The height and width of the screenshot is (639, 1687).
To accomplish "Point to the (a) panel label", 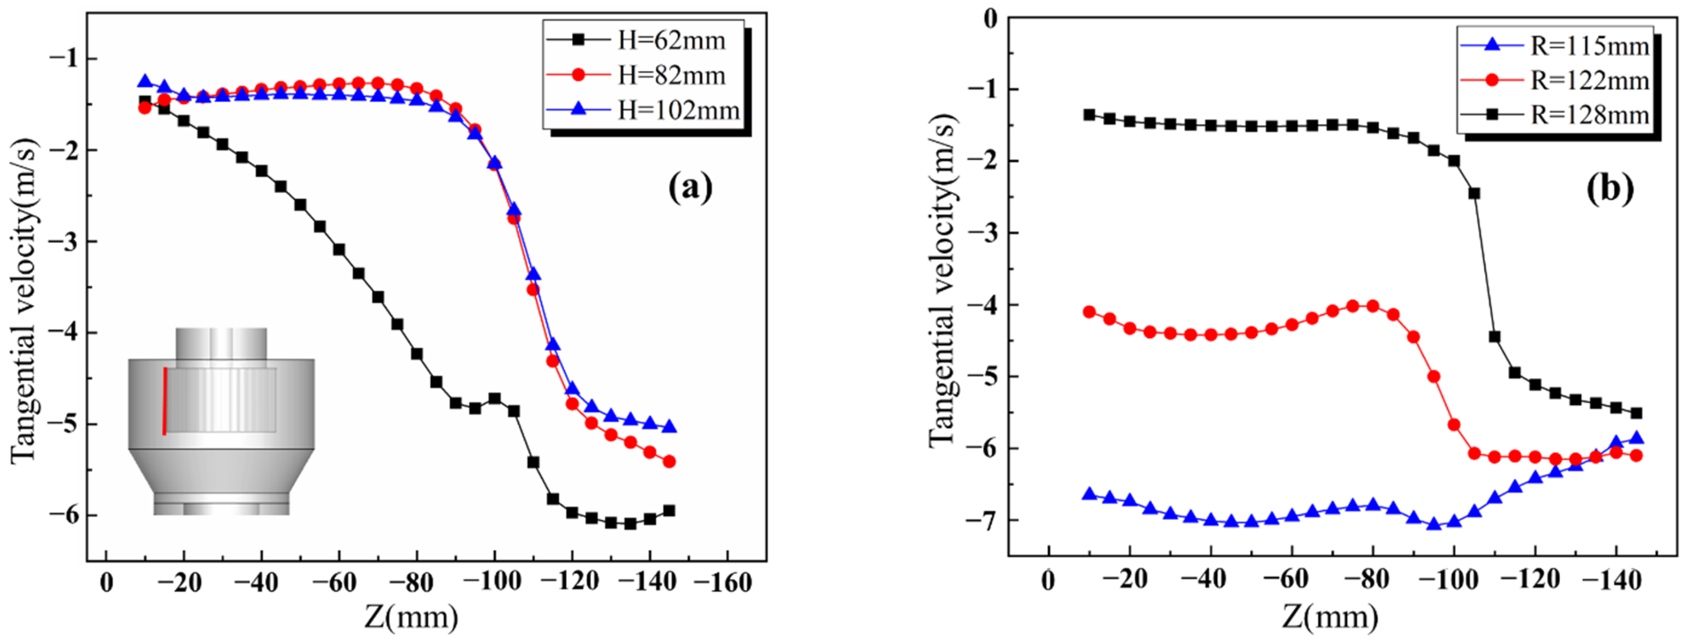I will [690, 188].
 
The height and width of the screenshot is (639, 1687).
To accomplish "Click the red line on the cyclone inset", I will [165, 401].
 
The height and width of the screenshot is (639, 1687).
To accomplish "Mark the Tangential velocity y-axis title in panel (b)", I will [943, 282].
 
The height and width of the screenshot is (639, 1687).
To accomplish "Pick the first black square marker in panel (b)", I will [1089, 114].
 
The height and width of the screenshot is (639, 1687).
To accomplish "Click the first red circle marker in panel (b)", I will [1089, 312].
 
